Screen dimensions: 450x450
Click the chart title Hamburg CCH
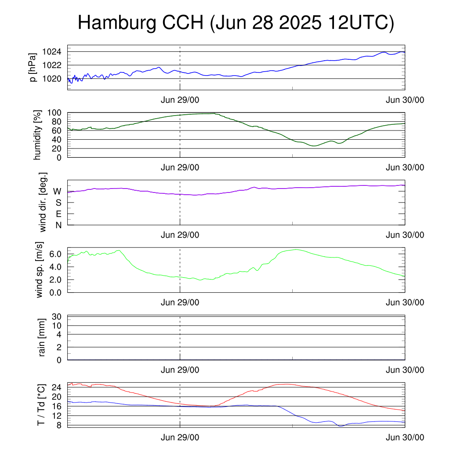tap(141, 23)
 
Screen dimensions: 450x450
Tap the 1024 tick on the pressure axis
tap(52, 52)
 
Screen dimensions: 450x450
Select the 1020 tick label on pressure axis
tap(52, 79)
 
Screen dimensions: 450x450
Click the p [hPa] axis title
tap(33, 67)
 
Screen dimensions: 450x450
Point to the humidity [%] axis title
tap(37, 135)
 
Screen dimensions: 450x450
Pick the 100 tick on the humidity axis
tap(54, 113)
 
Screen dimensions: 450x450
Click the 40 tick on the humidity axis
tap(57, 140)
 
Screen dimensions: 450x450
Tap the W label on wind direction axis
tap(58, 192)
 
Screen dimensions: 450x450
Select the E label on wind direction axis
tap(58, 214)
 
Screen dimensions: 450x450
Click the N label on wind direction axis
tap(58, 225)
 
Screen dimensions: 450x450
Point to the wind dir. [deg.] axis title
tap(43, 202)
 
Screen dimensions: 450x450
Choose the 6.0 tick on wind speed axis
tap(55, 254)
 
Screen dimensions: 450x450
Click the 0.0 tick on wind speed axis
tap(55, 293)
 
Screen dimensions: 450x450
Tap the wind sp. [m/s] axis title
tap(39, 270)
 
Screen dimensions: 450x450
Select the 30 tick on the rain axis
tap(57, 317)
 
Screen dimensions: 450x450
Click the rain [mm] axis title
tap(42, 337)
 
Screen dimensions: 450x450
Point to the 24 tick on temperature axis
tap(57, 388)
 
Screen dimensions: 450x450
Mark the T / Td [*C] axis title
tap(41, 405)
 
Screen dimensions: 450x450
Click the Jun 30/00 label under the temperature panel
tap(405, 437)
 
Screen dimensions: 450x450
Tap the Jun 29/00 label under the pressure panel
tap(180, 100)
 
